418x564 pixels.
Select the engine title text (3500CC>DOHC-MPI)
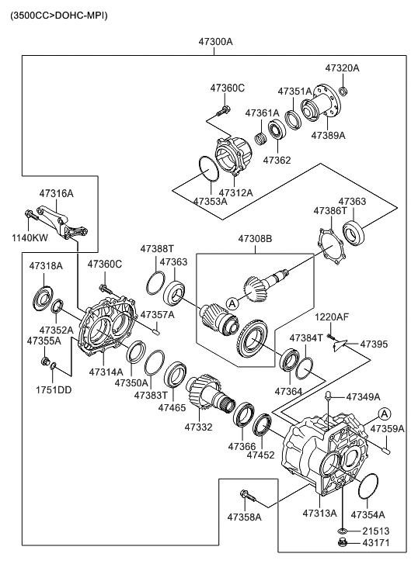(x=58, y=15)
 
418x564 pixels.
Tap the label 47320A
(x=343, y=67)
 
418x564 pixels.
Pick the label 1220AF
(x=332, y=317)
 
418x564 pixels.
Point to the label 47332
(x=198, y=426)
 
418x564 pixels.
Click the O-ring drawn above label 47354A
(x=367, y=488)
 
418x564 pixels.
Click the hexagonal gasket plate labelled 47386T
(x=334, y=243)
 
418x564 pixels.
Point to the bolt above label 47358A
(x=246, y=493)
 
